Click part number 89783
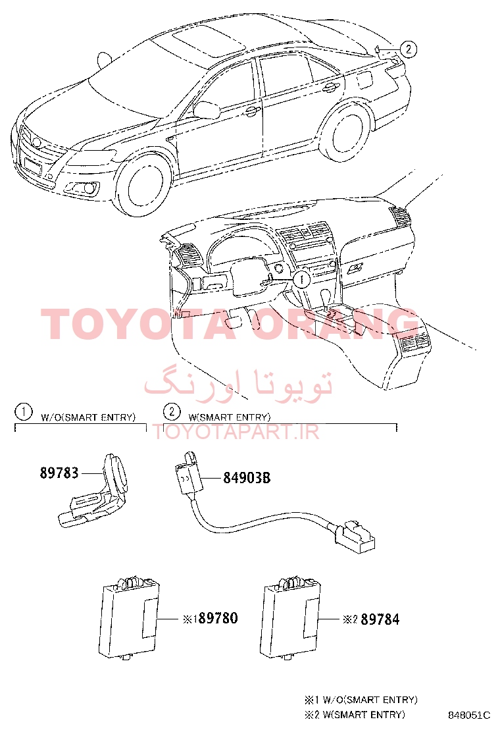point(59,473)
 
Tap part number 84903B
point(247,478)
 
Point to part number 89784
point(380,619)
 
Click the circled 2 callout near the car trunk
point(408,49)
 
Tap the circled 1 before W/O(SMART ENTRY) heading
point(23,412)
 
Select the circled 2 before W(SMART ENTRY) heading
point(172,412)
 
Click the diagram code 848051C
point(469,715)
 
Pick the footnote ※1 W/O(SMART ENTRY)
point(361,700)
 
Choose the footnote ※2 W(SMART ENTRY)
point(355,715)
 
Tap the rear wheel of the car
point(345,132)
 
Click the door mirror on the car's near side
point(206,110)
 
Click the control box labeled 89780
point(129,619)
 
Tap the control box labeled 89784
point(290,619)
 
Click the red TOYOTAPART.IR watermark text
point(236,432)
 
